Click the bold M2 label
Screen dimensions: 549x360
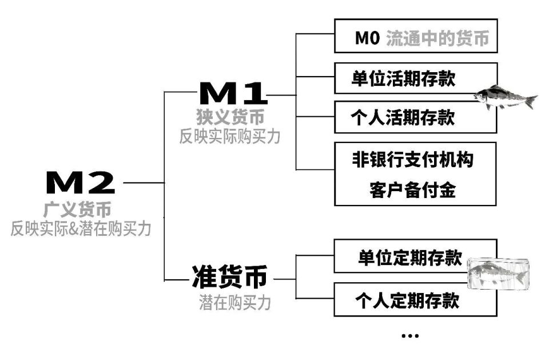pos(80,182)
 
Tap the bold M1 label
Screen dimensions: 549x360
pos(233,93)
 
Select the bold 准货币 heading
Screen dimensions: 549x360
pos(229,277)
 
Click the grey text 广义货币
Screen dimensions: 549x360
pos(77,209)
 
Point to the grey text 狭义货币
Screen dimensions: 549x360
pos(230,117)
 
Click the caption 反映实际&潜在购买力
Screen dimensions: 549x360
pos(81,228)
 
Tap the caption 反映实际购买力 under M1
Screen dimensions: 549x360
pos(230,136)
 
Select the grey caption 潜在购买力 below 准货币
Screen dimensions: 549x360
pos(235,302)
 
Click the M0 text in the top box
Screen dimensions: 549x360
pos(367,38)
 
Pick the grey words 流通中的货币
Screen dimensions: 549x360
pos(437,38)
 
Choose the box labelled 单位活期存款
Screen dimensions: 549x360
pos(416,78)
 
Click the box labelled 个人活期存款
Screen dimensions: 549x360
pos(416,117)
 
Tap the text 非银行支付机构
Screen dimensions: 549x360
pos(413,160)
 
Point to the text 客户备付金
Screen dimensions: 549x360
pos(412,190)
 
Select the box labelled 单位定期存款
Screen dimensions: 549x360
pos(416,256)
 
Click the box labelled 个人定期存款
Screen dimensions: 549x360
pos(416,300)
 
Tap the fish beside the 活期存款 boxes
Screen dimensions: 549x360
pos(505,97)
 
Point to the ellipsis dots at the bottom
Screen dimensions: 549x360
pos(410,336)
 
